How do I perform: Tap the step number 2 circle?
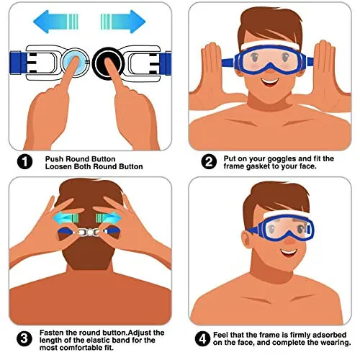(x=209, y=161)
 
